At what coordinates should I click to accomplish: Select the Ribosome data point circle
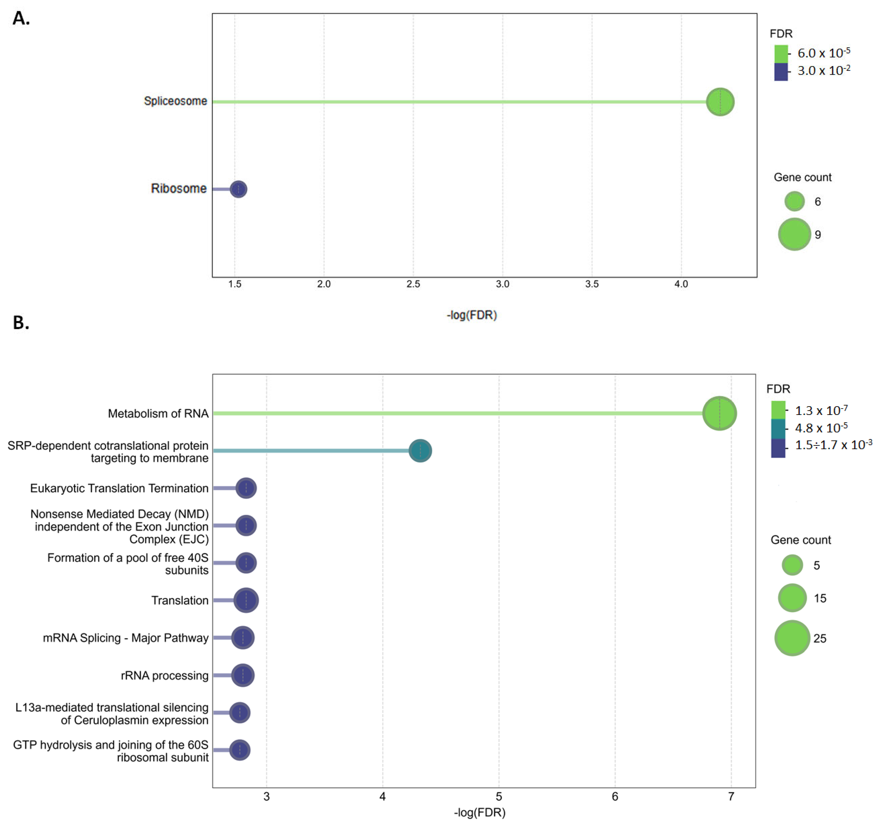click(x=239, y=189)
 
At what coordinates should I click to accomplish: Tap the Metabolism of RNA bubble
click(x=719, y=413)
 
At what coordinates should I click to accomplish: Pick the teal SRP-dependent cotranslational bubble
click(x=420, y=451)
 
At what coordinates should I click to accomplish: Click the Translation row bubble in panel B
click(x=246, y=600)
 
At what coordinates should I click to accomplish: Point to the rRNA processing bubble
click(x=243, y=675)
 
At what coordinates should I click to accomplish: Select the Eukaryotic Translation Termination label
click(x=119, y=488)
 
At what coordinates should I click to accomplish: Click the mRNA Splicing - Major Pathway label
click(x=125, y=638)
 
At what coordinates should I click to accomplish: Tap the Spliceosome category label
click(x=175, y=101)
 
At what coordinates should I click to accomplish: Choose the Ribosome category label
click(x=179, y=189)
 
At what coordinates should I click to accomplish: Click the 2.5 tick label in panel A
click(x=413, y=284)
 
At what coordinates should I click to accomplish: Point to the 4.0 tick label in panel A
click(x=681, y=284)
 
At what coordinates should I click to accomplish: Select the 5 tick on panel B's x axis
click(x=499, y=797)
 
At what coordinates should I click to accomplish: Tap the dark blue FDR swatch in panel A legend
click(x=781, y=72)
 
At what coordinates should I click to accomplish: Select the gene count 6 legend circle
click(x=794, y=201)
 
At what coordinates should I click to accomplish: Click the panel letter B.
click(x=21, y=323)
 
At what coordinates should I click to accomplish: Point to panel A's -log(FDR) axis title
click(x=472, y=315)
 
